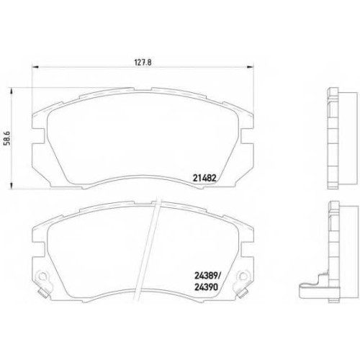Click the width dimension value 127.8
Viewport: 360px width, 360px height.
143,63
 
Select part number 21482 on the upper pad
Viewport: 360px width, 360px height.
204,178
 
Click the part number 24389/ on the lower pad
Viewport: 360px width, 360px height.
207,276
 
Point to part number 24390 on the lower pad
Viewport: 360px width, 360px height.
206,287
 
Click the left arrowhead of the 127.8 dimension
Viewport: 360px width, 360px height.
35,67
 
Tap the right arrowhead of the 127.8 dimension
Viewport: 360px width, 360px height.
251,67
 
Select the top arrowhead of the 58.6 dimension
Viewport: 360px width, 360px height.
11,91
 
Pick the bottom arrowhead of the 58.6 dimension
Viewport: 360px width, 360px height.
11,186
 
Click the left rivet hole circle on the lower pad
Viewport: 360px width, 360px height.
42,276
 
